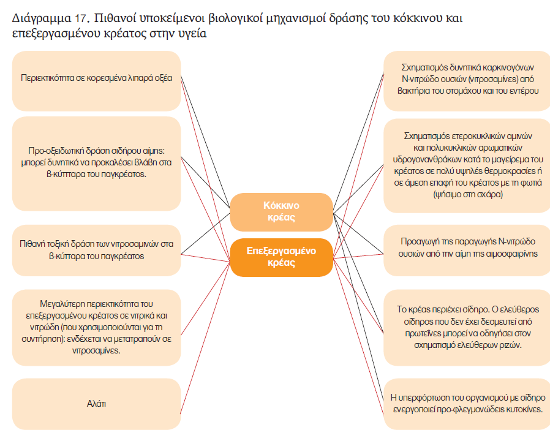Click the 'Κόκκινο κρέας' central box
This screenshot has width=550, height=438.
click(x=281, y=212)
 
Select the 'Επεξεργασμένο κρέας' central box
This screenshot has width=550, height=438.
click(x=281, y=257)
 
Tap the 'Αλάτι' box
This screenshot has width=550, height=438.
click(x=96, y=404)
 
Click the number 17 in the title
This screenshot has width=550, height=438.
click(x=80, y=18)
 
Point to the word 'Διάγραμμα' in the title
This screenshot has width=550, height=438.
click(x=42, y=18)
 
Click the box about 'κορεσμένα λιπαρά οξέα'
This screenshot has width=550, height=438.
click(x=96, y=81)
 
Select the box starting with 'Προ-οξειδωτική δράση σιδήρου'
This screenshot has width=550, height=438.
click(x=96, y=164)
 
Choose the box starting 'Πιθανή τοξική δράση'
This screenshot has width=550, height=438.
click(x=96, y=250)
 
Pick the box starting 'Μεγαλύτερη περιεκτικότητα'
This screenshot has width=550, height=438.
click(x=96, y=328)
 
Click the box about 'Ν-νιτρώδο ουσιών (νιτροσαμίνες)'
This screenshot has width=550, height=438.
click(x=467, y=81)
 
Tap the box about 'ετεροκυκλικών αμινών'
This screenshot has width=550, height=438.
click(x=467, y=165)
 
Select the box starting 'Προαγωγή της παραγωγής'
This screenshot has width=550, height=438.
click(x=467, y=250)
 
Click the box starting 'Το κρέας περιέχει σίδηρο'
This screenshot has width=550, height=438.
click(x=467, y=328)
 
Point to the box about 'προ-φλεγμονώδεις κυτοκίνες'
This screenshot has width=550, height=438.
click(x=467, y=404)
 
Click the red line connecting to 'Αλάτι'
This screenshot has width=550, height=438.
click(x=205, y=338)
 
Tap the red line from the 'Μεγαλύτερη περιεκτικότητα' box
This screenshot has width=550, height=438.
click(x=205, y=298)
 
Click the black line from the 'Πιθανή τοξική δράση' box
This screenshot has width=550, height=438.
click(x=205, y=233)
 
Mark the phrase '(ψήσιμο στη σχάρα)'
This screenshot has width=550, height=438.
click(x=467, y=194)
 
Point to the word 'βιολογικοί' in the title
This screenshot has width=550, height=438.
click(x=235, y=18)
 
